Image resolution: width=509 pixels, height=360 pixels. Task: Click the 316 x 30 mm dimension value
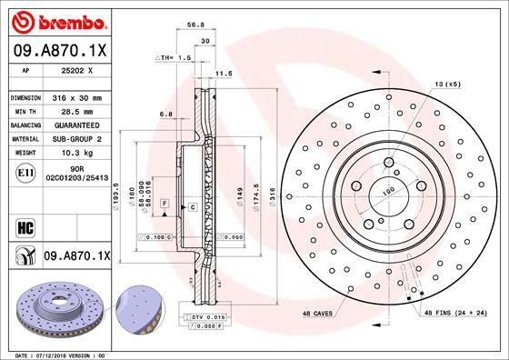(75, 97)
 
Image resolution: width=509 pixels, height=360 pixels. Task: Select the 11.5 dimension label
(218, 74)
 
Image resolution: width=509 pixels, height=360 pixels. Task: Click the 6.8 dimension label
(165, 115)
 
